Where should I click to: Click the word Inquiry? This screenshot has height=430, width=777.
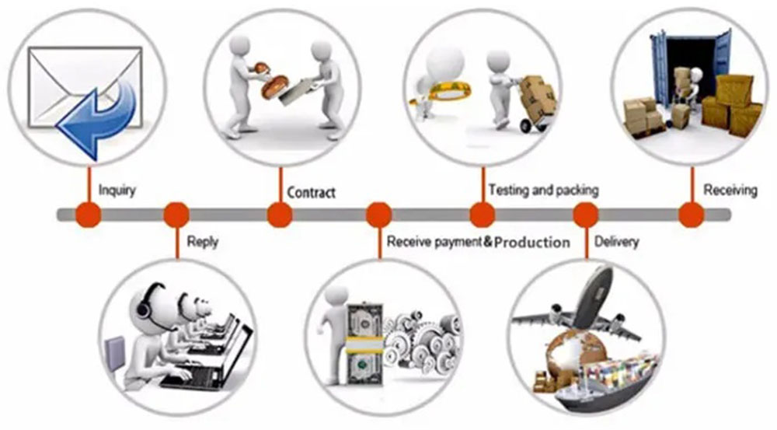tap(117, 190)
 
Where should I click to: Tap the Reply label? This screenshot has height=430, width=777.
tap(202, 242)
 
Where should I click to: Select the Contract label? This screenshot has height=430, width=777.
tap(312, 192)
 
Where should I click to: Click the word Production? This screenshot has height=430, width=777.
tap(532, 243)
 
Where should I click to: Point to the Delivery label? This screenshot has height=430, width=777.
tap(616, 242)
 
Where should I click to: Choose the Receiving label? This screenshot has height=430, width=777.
tap(730, 190)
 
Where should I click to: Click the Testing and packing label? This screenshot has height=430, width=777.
tap(544, 190)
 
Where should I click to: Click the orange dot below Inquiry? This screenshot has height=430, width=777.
tap(89, 215)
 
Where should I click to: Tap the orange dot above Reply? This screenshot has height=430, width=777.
tap(176, 215)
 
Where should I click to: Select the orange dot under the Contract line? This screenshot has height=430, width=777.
tap(280, 215)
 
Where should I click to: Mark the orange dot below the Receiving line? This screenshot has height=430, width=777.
tap(692, 215)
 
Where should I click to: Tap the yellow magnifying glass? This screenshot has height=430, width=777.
tap(444, 93)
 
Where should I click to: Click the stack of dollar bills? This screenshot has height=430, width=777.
tap(364, 343)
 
